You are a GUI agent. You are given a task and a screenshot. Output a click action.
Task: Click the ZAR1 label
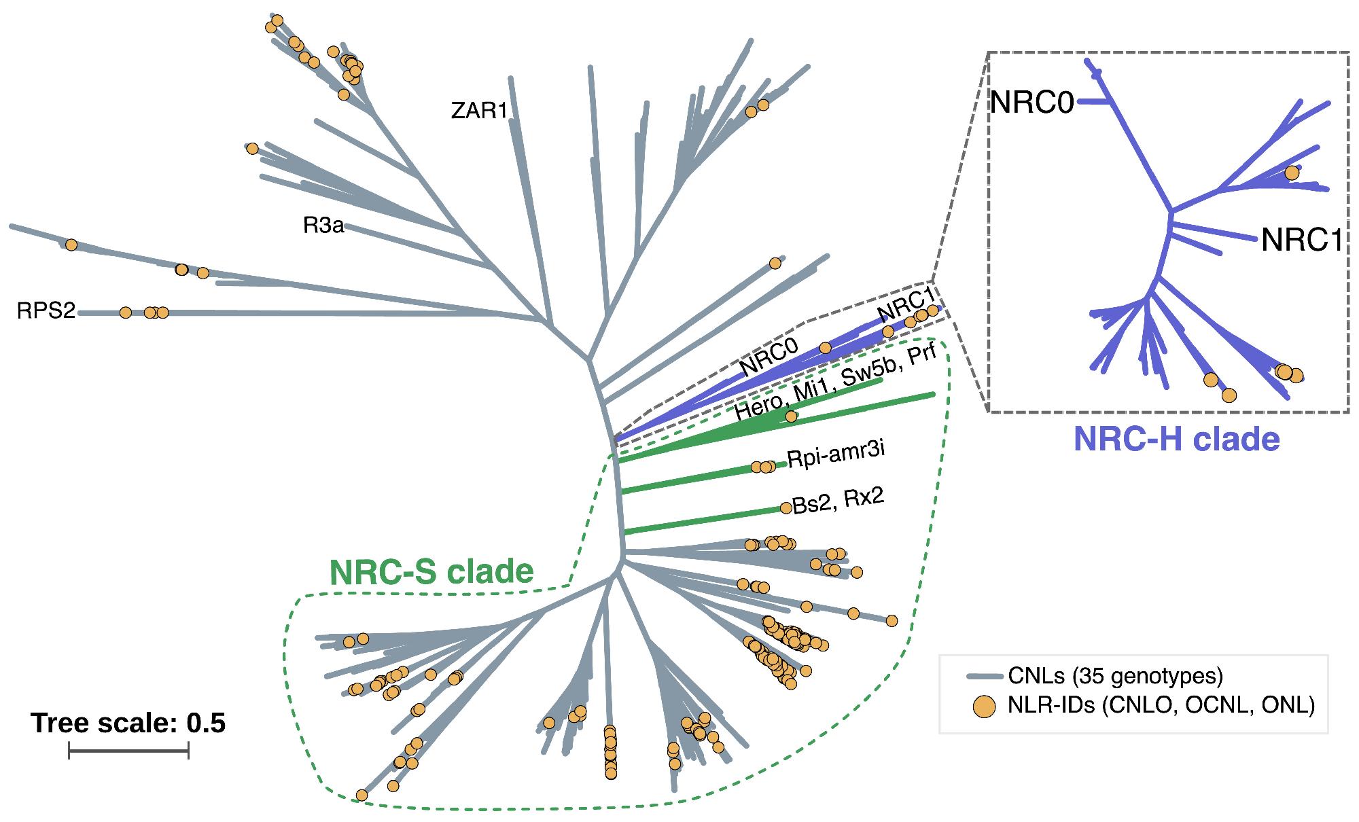[479, 110]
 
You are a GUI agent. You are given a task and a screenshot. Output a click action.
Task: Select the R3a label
[323, 226]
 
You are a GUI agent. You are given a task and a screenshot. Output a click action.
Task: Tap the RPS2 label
[46, 311]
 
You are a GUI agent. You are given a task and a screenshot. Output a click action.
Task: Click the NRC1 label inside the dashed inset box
[1302, 240]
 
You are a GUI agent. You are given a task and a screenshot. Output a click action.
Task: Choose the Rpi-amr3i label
[836, 453]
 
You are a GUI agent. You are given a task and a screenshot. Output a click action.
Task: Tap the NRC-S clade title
[431, 572]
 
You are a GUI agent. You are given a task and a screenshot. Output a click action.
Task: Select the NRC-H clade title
[1176, 440]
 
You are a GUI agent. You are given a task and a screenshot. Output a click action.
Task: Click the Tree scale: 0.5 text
[128, 723]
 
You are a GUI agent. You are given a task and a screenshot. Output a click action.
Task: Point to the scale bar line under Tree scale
[128, 751]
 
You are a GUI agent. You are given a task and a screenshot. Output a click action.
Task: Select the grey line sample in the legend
[984, 677]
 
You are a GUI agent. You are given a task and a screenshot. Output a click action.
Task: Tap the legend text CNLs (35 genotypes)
[1115, 676]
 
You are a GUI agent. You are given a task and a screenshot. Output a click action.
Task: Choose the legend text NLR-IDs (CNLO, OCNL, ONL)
[1161, 707]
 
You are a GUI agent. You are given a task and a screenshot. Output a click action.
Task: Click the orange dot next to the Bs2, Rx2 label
[786, 507]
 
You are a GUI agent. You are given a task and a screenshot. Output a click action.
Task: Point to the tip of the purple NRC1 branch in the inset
[1254, 238]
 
